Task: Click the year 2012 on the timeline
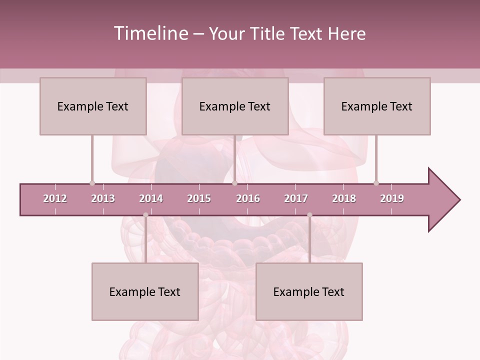pos(55,198)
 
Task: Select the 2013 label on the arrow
pos(103,198)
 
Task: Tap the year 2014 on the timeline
pos(151,198)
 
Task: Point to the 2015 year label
pos(199,198)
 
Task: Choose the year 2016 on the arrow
pos(248,198)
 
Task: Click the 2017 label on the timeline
pos(296,198)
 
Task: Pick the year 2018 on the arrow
pos(344,198)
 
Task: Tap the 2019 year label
pos(392,198)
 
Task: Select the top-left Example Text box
pos(93,106)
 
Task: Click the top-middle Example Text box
pos(235,106)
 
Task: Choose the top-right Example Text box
pos(377,106)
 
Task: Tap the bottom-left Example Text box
pos(145,291)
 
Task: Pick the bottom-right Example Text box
pos(309,291)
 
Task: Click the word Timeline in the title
pos(150,33)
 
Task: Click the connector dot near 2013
pos(92,183)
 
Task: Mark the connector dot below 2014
pos(145,215)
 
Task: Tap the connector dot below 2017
pos(309,215)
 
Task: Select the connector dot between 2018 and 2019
pos(376,183)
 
